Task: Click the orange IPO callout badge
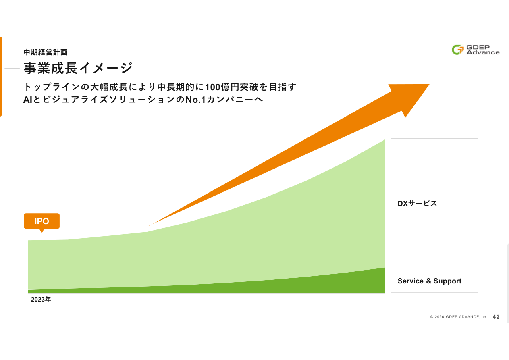click(x=42, y=221)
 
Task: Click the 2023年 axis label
click(x=41, y=300)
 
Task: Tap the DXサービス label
click(x=417, y=203)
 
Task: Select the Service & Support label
click(x=429, y=281)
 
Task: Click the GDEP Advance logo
click(x=475, y=50)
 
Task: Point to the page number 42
click(x=496, y=317)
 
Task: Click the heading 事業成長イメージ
click(x=78, y=68)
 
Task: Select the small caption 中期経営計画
click(x=45, y=52)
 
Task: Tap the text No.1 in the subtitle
click(x=195, y=100)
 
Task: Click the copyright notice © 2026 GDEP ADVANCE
click(x=458, y=317)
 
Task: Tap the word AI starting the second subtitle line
click(x=27, y=100)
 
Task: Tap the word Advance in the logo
click(x=483, y=52)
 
